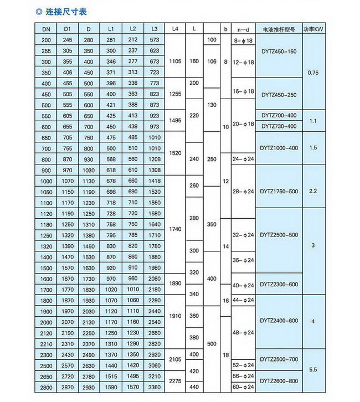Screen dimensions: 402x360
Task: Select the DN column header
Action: (x=46, y=28)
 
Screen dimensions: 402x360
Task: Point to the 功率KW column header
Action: (x=315, y=28)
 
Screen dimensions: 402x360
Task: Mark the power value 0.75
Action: (x=314, y=72)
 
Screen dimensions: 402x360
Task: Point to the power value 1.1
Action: (x=314, y=120)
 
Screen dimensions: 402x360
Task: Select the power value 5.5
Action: (x=314, y=370)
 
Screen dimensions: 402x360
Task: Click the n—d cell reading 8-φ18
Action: (x=243, y=40)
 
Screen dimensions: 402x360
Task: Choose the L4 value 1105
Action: (x=174, y=61)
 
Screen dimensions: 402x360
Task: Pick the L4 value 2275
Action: (x=174, y=381)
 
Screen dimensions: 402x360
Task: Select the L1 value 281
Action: (x=111, y=40)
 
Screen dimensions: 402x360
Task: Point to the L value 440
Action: (x=194, y=386)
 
